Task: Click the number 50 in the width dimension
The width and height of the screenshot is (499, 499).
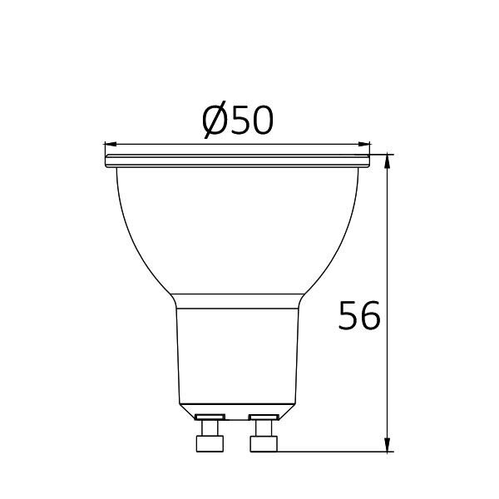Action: (x=250, y=122)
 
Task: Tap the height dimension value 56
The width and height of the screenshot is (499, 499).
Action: (x=359, y=317)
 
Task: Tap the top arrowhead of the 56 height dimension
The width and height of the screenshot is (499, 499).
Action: (x=388, y=161)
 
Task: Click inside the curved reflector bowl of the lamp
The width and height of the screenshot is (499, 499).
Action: (x=237, y=225)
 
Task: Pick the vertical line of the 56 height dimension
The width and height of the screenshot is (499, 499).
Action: (x=388, y=249)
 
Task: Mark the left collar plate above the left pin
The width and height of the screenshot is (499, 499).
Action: (x=209, y=415)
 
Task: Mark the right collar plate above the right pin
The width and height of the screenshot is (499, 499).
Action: (x=264, y=415)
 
